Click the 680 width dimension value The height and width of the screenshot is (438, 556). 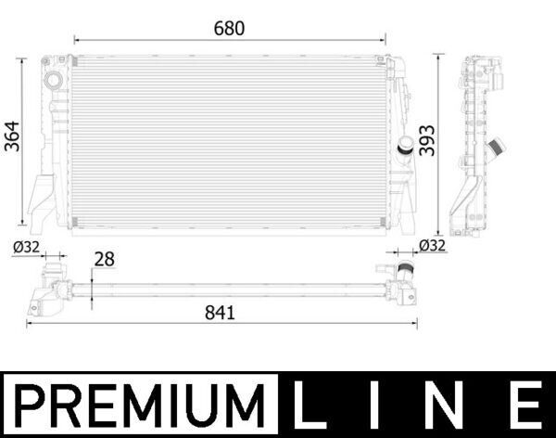[x=229, y=29]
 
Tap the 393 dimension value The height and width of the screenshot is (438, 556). [x=426, y=139]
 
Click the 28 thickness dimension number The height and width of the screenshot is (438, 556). [x=104, y=260]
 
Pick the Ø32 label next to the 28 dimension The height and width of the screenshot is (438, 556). [x=28, y=248]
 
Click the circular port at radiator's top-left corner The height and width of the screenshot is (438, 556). [x=53, y=81]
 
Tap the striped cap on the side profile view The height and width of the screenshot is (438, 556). [x=498, y=147]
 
